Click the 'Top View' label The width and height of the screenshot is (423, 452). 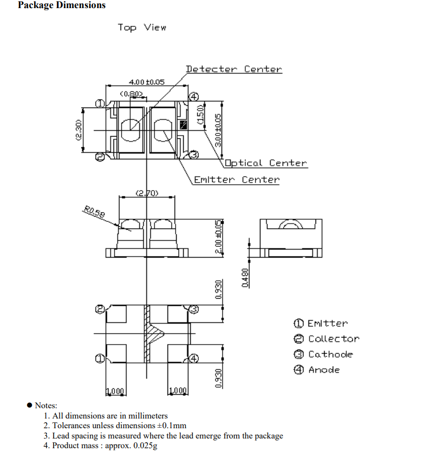(142, 28)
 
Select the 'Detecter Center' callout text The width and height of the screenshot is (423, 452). (233, 69)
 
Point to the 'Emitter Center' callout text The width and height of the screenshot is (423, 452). (237, 180)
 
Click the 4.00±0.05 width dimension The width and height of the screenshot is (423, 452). (146, 82)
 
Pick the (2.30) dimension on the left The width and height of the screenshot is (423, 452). (78, 130)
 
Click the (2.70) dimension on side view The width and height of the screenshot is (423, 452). (146, 193)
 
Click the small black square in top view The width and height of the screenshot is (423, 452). (183, 125)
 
